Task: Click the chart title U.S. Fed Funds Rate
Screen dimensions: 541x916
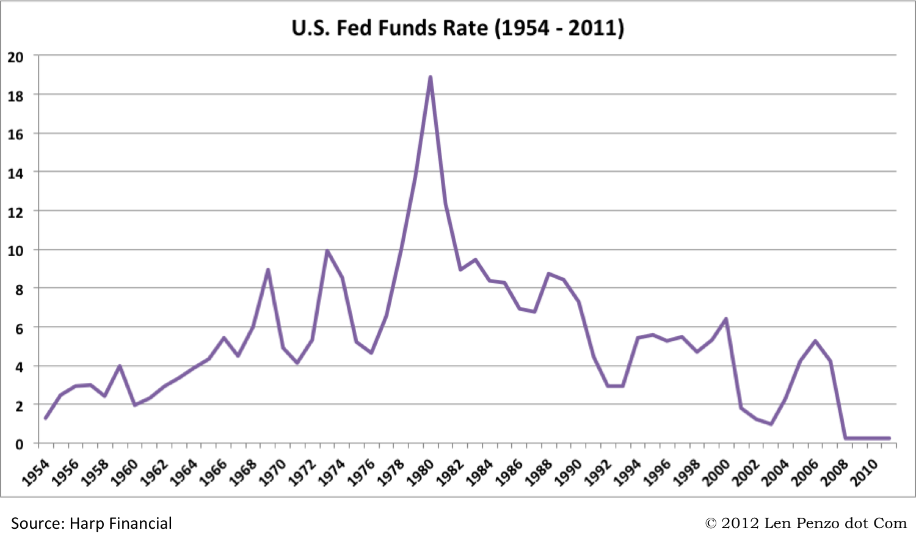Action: pos(457,28)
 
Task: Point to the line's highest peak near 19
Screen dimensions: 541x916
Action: pos(431,78)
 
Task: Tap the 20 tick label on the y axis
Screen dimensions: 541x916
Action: pos(15,57)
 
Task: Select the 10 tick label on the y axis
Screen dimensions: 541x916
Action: pos(15,251)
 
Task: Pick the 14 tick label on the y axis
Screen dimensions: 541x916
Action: pos(15,174)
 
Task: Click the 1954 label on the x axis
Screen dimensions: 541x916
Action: pos(36,473)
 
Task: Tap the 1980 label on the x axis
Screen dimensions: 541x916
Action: pos(421,473)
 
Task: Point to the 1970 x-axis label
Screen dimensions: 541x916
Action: pos(273,473)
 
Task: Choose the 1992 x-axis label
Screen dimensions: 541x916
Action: pos(598,473)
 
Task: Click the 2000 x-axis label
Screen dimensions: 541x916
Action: pos(717,473)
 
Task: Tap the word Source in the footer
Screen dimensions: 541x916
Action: pos(37,524)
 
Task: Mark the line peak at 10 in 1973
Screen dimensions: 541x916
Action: pos(327,251)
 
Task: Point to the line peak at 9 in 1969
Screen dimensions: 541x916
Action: pos(268,270)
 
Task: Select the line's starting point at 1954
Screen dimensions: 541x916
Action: pos(46,418)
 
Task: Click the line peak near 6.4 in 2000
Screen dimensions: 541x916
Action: pos(726,319)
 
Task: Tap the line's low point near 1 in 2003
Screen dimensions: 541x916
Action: pos(771,424)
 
